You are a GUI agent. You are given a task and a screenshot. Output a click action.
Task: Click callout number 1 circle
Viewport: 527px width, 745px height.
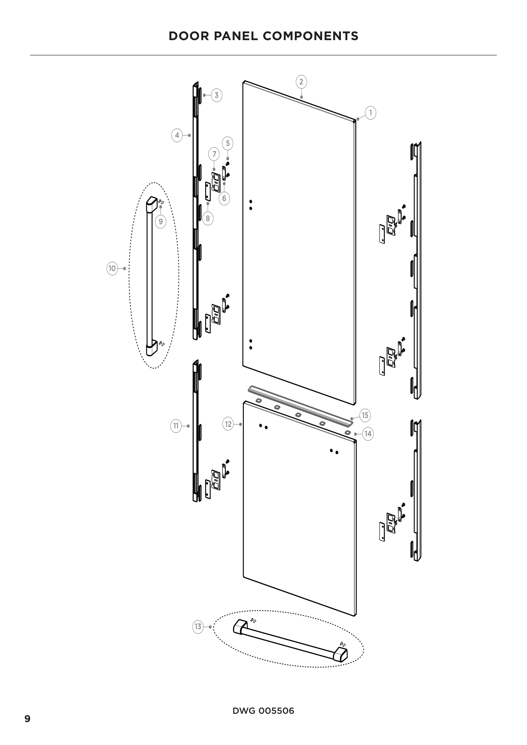371,113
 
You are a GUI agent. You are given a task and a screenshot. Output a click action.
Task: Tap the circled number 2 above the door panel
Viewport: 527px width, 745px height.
301,82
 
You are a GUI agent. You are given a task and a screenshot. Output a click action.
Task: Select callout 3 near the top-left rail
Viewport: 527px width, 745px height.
216,96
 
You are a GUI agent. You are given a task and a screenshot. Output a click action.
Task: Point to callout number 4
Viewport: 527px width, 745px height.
177,135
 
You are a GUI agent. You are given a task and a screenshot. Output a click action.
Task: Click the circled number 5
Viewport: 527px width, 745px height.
227,143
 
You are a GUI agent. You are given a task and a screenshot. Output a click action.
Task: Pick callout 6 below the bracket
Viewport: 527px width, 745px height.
224,198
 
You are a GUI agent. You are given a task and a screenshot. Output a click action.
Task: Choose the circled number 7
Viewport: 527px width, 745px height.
214,154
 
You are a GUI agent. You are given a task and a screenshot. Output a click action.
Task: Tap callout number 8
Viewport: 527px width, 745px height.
208,218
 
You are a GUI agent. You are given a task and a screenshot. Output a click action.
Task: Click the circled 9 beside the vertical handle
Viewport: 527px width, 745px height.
161,222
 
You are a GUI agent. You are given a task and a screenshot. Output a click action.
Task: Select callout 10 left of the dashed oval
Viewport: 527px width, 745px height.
112,269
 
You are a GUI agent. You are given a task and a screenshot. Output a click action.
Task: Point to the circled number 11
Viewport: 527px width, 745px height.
176,426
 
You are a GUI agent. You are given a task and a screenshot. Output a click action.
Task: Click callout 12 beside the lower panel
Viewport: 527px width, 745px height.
228,424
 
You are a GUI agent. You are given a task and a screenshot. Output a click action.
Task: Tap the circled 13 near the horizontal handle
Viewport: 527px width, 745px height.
198,627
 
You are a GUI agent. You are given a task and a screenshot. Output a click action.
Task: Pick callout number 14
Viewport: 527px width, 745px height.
368,434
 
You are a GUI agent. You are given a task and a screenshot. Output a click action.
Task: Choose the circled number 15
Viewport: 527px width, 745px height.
365,415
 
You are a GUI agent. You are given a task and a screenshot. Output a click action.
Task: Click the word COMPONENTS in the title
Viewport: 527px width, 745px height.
311,36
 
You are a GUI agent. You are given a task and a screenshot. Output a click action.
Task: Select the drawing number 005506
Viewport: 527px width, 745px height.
276,711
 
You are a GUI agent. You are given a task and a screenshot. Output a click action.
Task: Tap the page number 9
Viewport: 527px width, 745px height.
28,719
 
